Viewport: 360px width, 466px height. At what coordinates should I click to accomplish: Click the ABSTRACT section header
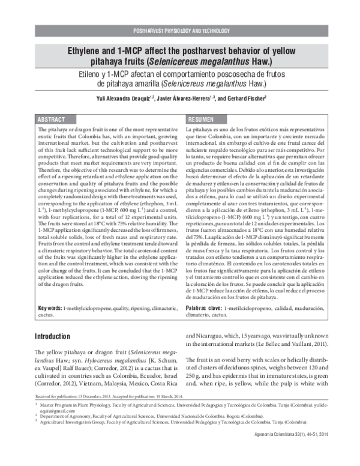pos(52,120)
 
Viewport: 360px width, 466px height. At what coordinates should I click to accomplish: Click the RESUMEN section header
pos(203,120)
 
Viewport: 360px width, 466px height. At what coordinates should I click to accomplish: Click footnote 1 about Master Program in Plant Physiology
pos(180,423)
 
